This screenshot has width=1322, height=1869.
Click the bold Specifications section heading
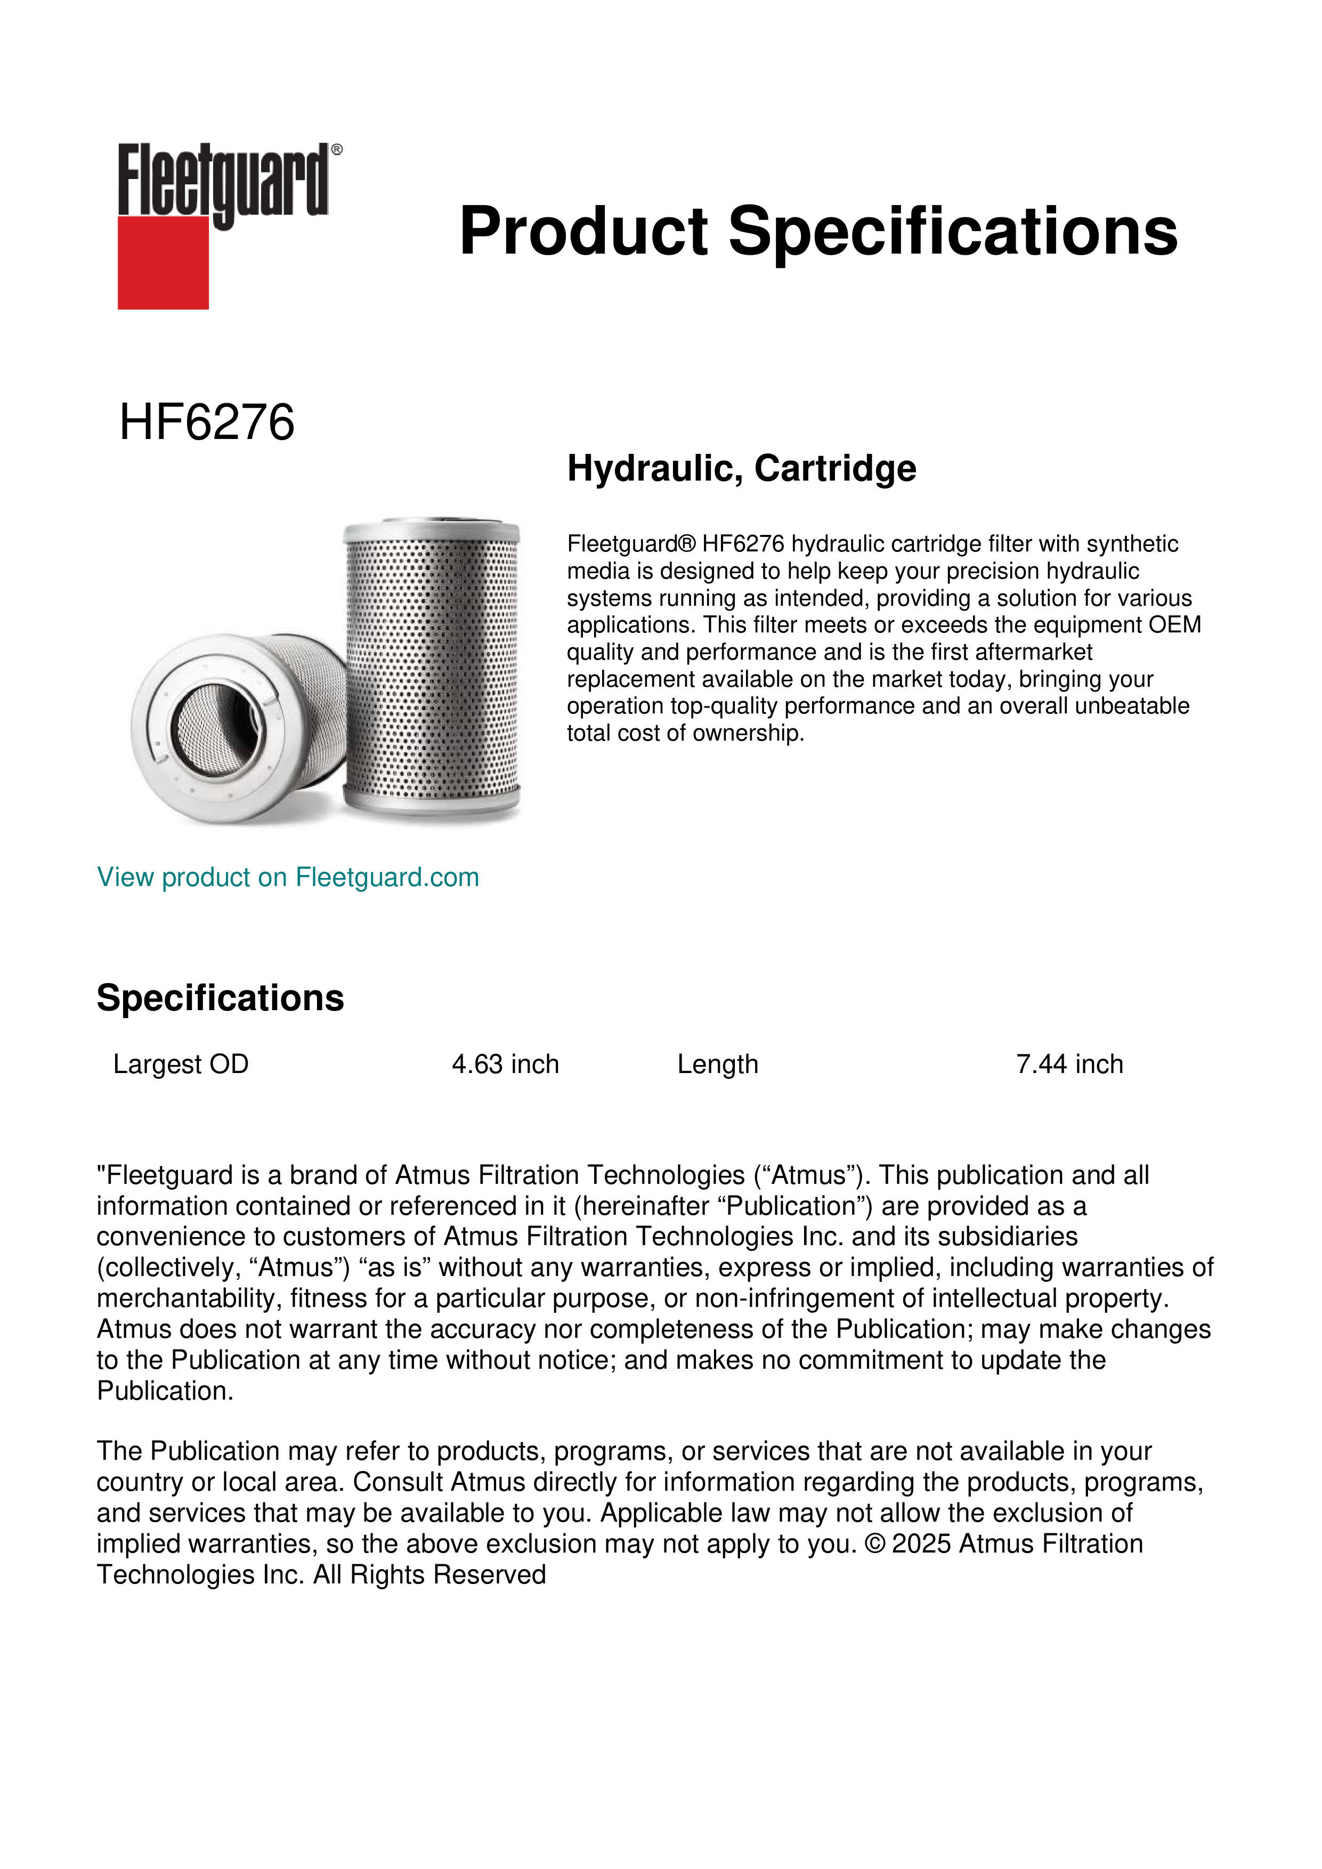(220, 998)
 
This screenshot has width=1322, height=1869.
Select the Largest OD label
(181, 1064)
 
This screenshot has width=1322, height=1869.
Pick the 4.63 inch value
(506, 1064)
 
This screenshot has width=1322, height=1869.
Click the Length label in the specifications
(717, 1064)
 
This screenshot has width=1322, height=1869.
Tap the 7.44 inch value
(1069, 1064)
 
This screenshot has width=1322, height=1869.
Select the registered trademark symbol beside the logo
(337, 150)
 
